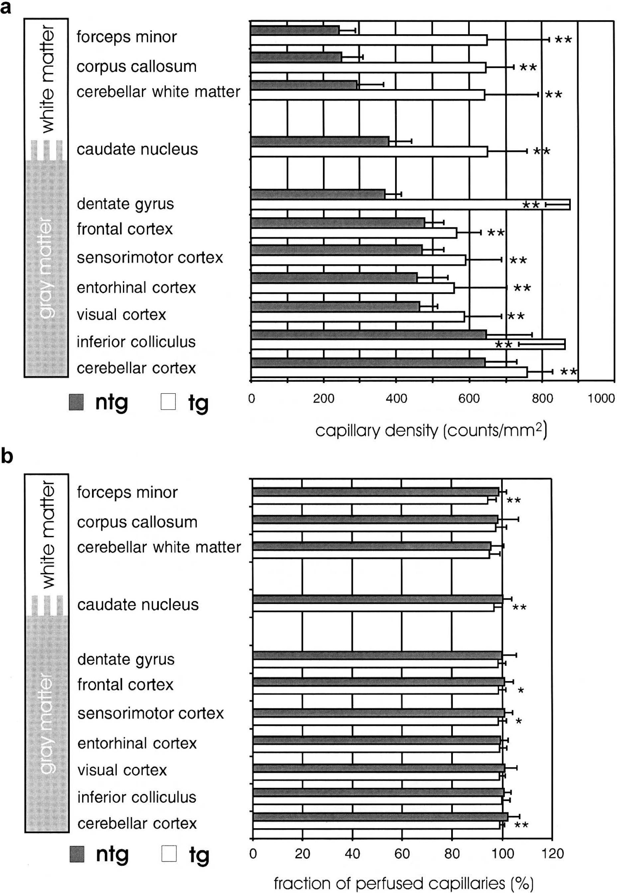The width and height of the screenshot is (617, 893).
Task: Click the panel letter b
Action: [x=7, y=456]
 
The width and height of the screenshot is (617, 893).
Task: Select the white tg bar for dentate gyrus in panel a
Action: [x=411, y=205]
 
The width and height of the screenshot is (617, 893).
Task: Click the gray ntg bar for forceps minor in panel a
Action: [x=295, y=30]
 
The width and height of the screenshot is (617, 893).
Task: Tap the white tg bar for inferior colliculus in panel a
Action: [x=408, y=345]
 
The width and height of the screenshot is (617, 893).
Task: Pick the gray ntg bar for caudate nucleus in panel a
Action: [x=320, y=142]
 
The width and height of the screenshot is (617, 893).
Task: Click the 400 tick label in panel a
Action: [x=396, y=398]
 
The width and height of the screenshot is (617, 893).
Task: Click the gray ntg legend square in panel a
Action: [x=76, y=402]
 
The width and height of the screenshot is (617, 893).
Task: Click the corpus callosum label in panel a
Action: [x=137, y=66]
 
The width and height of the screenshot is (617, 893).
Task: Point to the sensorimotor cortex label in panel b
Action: [x=151, y=713]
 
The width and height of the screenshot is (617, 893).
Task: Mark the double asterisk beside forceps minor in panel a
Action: [x=563, y=40]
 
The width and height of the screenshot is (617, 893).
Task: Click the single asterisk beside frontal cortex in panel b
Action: [x=521, y=691]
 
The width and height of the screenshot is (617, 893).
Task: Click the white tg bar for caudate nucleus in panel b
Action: [x=373, y=607]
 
